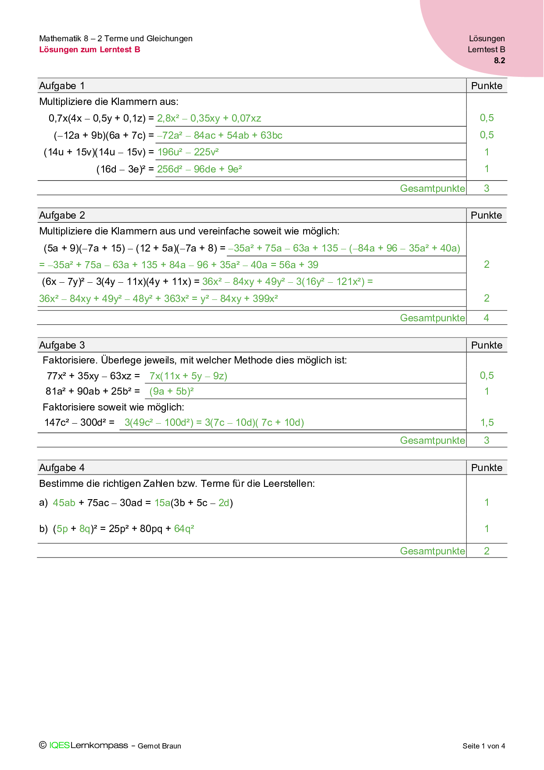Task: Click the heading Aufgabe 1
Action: point(62,86)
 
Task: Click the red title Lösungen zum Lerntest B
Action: point(89,50)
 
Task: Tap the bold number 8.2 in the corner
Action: point(499,61)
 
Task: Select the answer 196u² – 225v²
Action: point(188,152)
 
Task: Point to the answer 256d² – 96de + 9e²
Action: point(199,169)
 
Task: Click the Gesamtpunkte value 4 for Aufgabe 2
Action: point(486,318)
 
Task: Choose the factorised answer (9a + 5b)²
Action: point(172,392)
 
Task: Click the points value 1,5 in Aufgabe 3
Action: point(487,423)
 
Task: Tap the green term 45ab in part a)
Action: point(64,503)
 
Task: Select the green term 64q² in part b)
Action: point(184,529)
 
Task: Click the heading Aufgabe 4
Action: point(62,468)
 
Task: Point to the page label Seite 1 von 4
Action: point(483,746)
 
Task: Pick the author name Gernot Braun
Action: point(159,746)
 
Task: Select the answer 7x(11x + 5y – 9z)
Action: point(188,376)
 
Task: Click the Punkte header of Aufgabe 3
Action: point(487,345)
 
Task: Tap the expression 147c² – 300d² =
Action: point(79,423)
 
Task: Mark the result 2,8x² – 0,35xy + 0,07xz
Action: point(209,119)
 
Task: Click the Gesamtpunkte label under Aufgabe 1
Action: point(432,188)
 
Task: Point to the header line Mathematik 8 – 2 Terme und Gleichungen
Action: point(116,39)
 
